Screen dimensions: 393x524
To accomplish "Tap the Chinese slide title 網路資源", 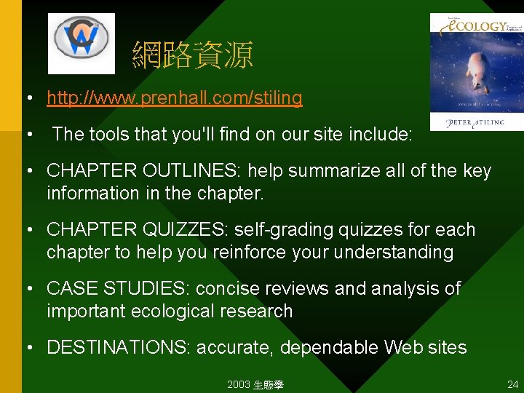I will [x=192, y=55].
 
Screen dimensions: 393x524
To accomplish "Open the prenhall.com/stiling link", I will [x=175, y=98].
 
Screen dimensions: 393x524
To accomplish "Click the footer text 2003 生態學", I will [x=255, y=384].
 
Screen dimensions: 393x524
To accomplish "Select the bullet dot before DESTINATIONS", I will [x=29, y=348].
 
